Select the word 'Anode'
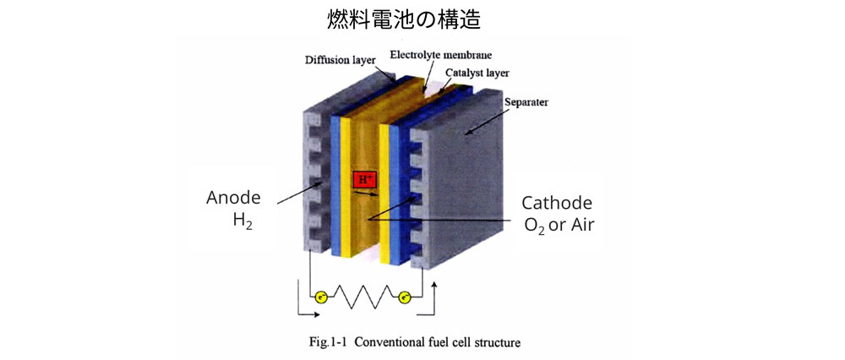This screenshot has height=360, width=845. pyautogui.click(x=233, y=198)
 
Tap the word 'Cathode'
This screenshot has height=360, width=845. pyautogui.click(x=557, y=204)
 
